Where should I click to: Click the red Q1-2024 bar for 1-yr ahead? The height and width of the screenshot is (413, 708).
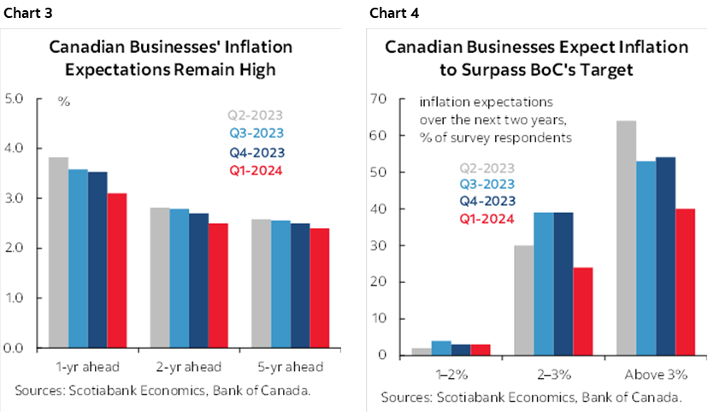click(116, 270)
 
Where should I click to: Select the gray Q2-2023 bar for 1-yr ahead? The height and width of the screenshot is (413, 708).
click(58, 252)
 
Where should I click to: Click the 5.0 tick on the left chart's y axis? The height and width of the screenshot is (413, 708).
click(15, 99)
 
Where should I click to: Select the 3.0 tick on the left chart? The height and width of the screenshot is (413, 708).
click(15, 198)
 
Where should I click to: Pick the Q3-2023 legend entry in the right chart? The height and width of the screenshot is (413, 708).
click(487, 185)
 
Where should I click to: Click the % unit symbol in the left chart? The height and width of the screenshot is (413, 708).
click(63, 101)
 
